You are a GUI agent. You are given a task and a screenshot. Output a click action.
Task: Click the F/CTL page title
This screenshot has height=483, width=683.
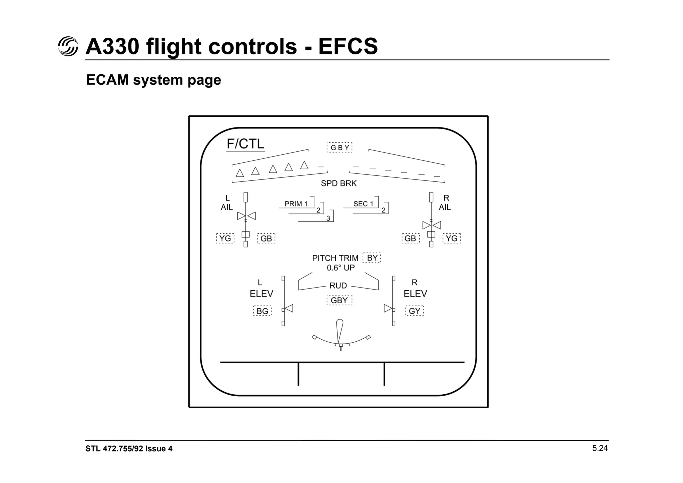click(245, 144)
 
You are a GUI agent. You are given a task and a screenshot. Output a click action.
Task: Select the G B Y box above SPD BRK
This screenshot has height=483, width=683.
click(339, 147)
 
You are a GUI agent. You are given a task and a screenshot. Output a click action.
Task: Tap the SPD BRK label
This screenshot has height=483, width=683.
click(338, 183)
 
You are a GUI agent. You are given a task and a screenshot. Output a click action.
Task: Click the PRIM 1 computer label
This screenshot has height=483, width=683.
click(296, 204)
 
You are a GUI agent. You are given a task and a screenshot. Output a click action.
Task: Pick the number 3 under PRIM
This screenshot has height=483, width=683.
click(328, 218)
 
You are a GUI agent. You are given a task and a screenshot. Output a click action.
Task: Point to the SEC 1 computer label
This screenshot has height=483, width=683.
click(363, 204)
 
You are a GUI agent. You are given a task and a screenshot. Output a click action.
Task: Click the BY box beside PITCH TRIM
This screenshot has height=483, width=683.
click(372, 258)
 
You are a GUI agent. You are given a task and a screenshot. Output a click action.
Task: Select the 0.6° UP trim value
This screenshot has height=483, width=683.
click(340, 268)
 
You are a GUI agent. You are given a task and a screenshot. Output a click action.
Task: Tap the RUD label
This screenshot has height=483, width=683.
click(338, 286)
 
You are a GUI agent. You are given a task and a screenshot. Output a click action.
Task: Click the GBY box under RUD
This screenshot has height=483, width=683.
click(339, 300)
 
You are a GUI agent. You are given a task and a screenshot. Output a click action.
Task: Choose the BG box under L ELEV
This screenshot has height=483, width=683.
click(262, 311)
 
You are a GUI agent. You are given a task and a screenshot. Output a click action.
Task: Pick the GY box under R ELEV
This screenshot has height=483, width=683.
click(415, 311)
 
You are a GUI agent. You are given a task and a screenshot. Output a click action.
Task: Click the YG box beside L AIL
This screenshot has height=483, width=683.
click(225, 238)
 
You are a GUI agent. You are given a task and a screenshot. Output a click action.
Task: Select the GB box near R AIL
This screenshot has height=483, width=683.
click(410, 238)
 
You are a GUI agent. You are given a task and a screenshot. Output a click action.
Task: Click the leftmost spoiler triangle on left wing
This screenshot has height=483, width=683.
click(239, 173)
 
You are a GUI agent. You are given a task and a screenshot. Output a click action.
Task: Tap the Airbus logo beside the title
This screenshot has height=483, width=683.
click(68, 46)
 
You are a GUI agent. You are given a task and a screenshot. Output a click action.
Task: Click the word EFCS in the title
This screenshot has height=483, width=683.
click(348, 46)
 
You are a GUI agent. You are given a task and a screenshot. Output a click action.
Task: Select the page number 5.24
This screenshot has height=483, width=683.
click(600, 448)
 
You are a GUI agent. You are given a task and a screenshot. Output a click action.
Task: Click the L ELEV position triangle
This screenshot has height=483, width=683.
click(289, 308)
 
